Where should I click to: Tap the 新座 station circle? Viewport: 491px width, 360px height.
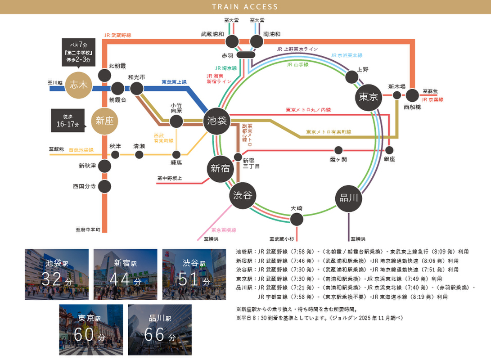[x=104, y=121]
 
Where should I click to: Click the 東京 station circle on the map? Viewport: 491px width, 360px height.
[x=368, y=97]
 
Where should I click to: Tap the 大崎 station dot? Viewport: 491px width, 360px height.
[x=296, y=219]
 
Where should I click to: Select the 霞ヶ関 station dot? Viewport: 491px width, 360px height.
[x=338, y=150]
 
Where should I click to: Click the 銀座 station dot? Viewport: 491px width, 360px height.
[x=389, y=150]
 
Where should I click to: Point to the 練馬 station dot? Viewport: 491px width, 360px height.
[x=176, y=154]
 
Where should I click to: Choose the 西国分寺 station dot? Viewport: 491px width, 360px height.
[x=104, y=186]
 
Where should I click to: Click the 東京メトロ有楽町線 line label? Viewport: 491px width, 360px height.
[x=329, y=132]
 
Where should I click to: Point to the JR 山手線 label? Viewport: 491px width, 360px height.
[x=297, y=65]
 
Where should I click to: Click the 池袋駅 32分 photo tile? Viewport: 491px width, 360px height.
[x=56, y=274]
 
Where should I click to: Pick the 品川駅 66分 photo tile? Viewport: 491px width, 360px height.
[x=160, y=329]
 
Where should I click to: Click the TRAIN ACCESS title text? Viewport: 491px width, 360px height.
[x=245, y=7]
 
